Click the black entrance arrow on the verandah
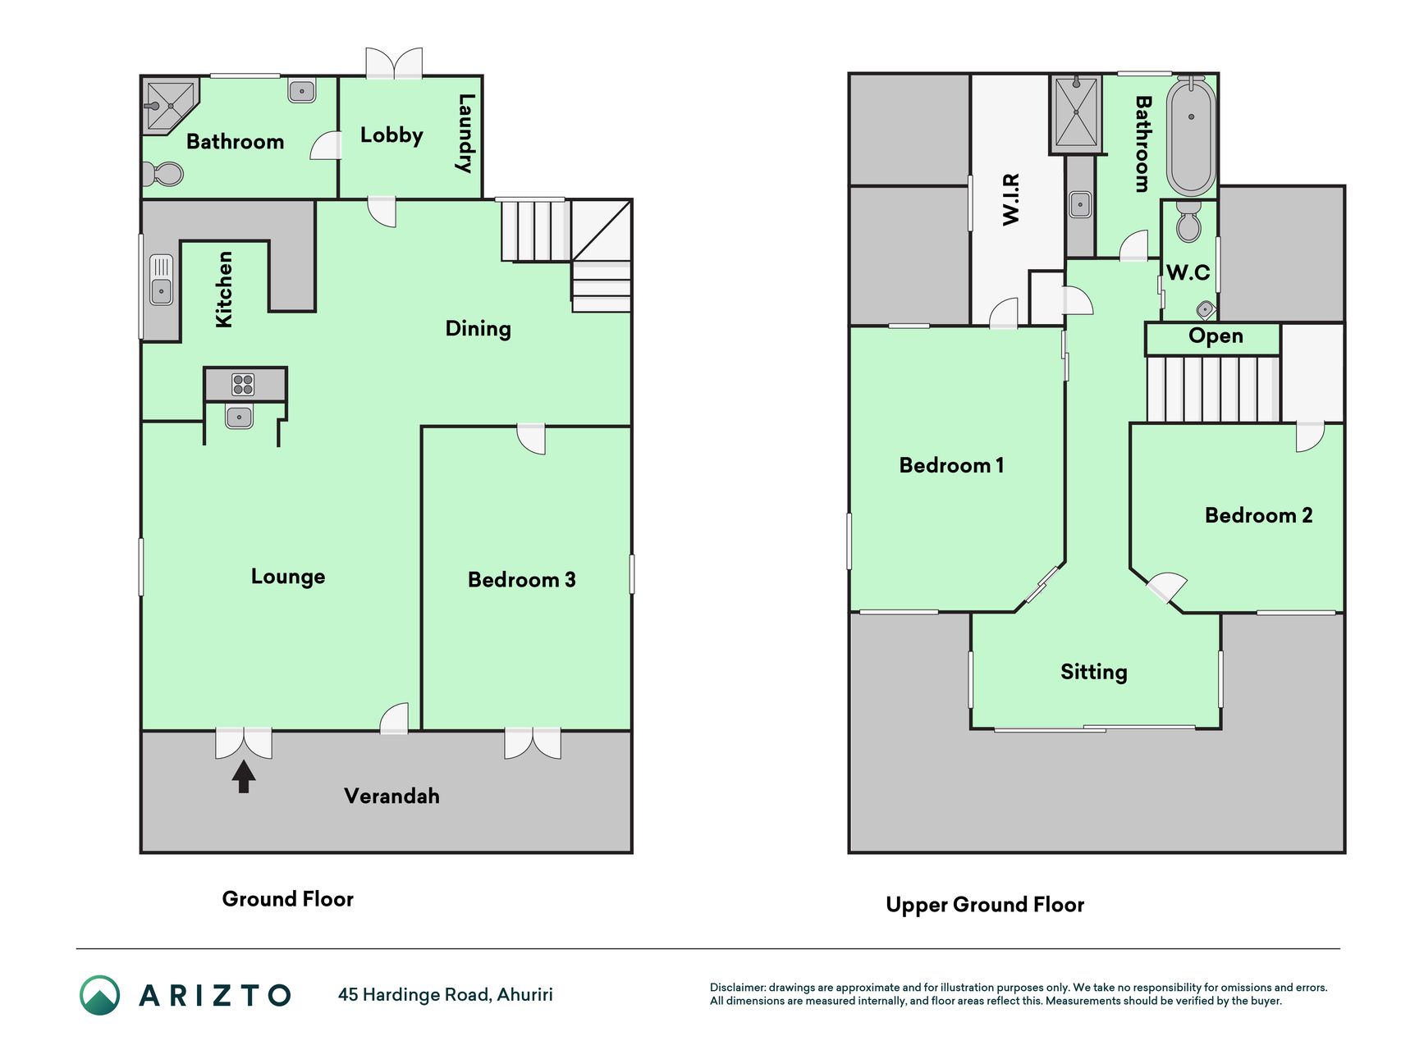pyautogui.click(x=243, y=777)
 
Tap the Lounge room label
pyautogui.click(x=288, y=577)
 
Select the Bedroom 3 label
pyautogui.click(x=522, y=580)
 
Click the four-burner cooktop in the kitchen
pyautogui.click(x=243, y=384)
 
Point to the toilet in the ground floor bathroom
pyautogui.click(x=163, y=174)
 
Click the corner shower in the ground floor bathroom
pyautogui.click(x=171, y=106)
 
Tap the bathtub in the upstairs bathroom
pyautogui.click(x=1192, y=137)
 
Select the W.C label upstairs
pyautogui.click(x=1188, y=272)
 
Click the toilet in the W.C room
pyautogui.click(x=1188, y=221)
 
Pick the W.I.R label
pyautogui.click(x=1011, y=199)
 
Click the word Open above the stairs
pyautogui.click(x=1216, y=336)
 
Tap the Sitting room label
pyautogui.click(x=1094, y=672)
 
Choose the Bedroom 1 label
pyautogui.click(x=951, y=465)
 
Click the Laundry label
pyautogui.click(x=465, y=134)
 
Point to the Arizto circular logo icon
pyautogui.click(x=99, y=995)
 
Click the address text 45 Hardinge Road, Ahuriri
pyautogui.click(x=446, y=994)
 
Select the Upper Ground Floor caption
pyautogui.click(x=985, y=905)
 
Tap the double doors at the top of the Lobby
pyautogui.click(x=394, y=63)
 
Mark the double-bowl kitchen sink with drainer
pyautogui.click(x=161, y=280)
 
